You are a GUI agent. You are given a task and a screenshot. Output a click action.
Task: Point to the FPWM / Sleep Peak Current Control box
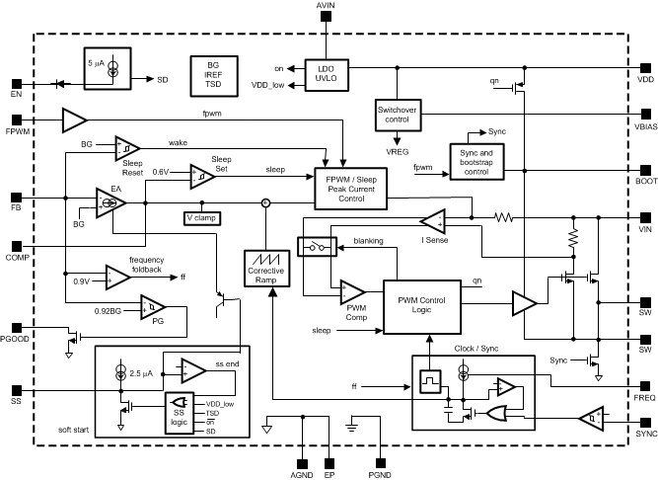pyautogui.click(x=350, y=188)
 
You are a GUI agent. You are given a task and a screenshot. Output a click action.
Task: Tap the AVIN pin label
pyautogui.click(x=326, y=7)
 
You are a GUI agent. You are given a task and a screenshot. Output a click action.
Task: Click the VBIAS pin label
pyautogui.click(x=646, y=127)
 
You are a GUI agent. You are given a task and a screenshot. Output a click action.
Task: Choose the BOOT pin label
pyautogui.click(x=646, y=182)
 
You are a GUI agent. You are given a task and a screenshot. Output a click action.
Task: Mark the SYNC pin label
pyautogui.click(x=646, y=433)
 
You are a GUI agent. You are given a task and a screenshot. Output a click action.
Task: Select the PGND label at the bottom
pyautogui.click(x=381, y=475)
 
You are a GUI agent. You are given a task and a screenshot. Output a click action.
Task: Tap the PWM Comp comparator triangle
pyautogui.click(x=351, y=292)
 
